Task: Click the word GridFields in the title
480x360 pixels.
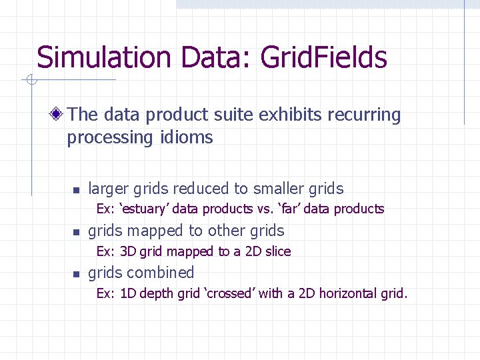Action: pyautogui.click(x=323, y=57)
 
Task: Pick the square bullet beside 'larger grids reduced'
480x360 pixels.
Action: pyautogui.click(x=76, y=190)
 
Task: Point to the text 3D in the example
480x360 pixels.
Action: pyautogui.click(x=128, y=251)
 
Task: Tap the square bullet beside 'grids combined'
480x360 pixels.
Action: pyautogui.click(x=76, y=274)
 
